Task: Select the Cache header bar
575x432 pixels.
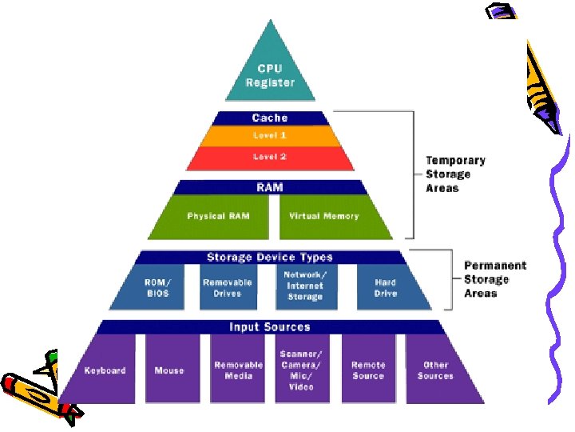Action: point(270,118)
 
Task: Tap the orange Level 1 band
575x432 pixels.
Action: point(270,136)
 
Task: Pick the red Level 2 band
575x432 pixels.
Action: point(270,157)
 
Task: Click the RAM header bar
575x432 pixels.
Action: point(270,187)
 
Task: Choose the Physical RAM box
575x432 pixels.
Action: point(217,217)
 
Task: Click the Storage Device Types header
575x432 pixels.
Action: point(270,258)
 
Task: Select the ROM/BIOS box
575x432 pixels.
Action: point(158,288)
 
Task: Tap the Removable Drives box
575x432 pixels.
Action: point(227,288)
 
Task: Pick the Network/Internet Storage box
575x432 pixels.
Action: point(304,286)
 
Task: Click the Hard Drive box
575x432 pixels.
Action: point(386,288)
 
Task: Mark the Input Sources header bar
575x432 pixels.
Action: point(270,327)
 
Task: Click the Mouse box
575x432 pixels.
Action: point(169,370)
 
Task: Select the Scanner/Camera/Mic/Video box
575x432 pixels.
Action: point(301,370)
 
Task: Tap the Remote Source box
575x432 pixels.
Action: point(368,370)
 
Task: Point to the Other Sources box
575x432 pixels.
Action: point(435,370)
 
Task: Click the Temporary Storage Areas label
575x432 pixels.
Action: point(454,174)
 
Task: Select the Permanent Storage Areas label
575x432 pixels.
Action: point(494,279)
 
